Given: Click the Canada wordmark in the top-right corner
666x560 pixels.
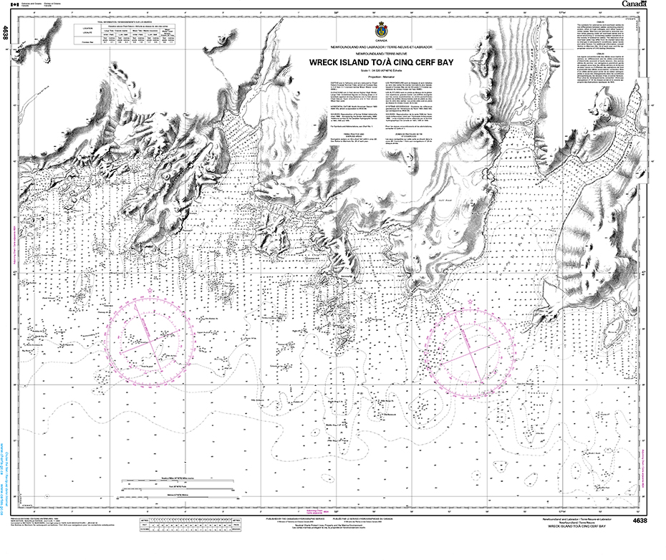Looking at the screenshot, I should pos(634,4).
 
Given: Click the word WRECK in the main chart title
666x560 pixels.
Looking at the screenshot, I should pos(327,62).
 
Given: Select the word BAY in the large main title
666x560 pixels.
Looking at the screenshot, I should pos(463,62).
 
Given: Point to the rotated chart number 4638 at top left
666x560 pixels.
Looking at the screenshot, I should pos(6,32).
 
